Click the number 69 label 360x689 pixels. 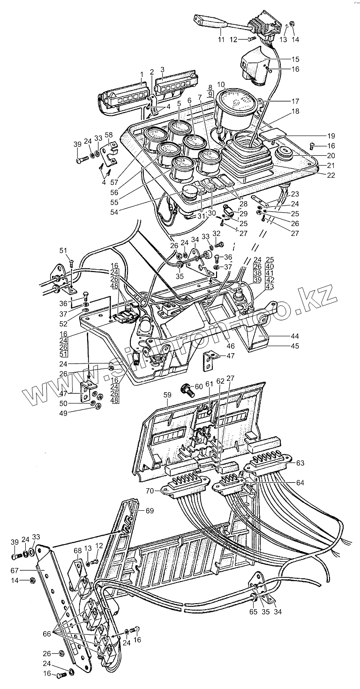(x=150, y=511)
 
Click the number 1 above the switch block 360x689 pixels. (x=141, y=75)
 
